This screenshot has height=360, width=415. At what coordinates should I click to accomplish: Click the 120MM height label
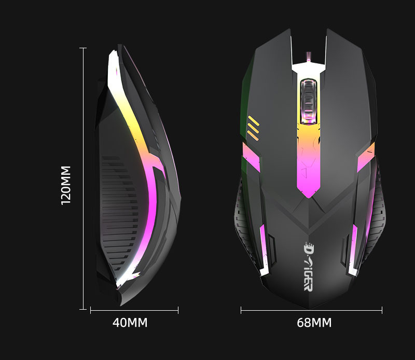pyautogui.click(x=66, y=185)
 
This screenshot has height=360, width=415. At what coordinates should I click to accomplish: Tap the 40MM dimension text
pyautogui.click(x=130, y=323)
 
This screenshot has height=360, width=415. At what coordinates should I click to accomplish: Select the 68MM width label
pyautogui.click(x=314, y=323)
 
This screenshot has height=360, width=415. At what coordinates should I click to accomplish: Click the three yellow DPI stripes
pyautogui.click(x=254, y=128)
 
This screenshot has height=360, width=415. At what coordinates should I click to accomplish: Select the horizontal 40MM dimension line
pyautogui.click(x=134, y=311)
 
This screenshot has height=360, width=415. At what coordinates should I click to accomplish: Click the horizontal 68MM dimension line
pyautogui.click(x=311, y=311)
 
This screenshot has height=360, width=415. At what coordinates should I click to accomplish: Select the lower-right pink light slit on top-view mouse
pyautogui.click(x=354, y=249)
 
